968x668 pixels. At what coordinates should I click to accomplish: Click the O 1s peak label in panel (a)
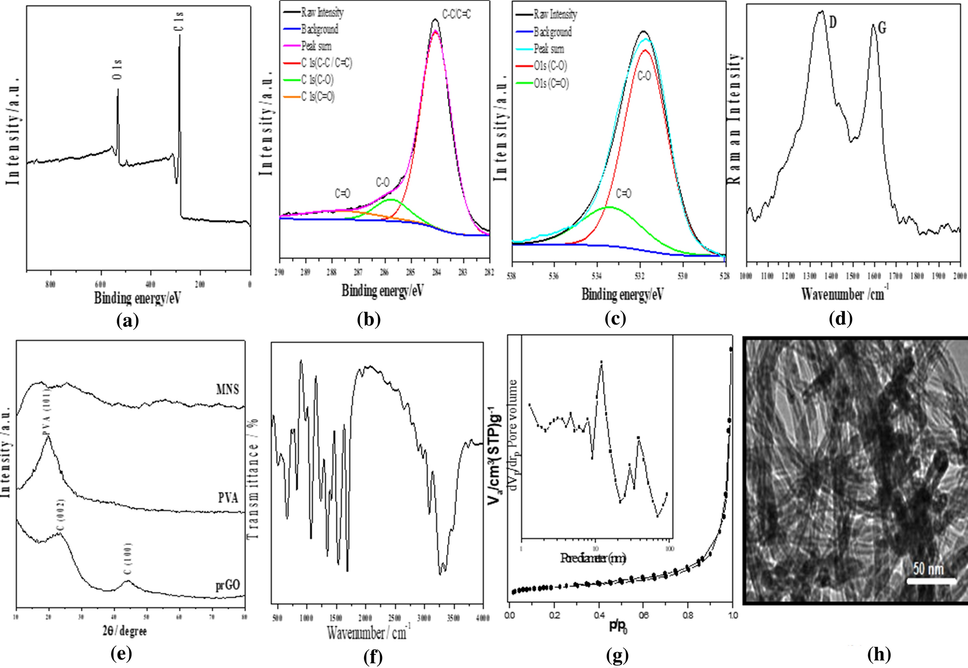point(118,70)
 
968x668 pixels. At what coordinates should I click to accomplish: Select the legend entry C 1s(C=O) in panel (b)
point(317,97)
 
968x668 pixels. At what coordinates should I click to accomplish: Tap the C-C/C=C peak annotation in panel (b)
point(456,14)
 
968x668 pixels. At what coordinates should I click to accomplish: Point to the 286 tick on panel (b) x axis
point(384,272)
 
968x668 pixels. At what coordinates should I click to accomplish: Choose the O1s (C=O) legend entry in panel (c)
point(551,83)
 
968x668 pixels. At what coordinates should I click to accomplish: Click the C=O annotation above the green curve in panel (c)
point(623,194)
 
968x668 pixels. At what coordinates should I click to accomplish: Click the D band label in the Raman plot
point(832,22)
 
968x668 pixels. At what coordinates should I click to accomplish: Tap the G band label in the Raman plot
point(882,28)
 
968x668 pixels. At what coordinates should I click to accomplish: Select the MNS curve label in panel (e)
point(227,389)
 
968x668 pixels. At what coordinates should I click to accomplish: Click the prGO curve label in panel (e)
point(228,585)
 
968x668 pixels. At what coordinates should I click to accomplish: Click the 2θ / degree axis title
point(124,631)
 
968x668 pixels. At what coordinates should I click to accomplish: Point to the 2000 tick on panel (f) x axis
point(365,618)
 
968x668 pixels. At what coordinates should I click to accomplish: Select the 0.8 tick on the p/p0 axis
point(688,615)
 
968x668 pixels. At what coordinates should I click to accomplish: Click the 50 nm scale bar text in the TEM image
point(927,569)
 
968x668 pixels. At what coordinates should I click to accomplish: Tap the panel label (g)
point(617,655)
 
